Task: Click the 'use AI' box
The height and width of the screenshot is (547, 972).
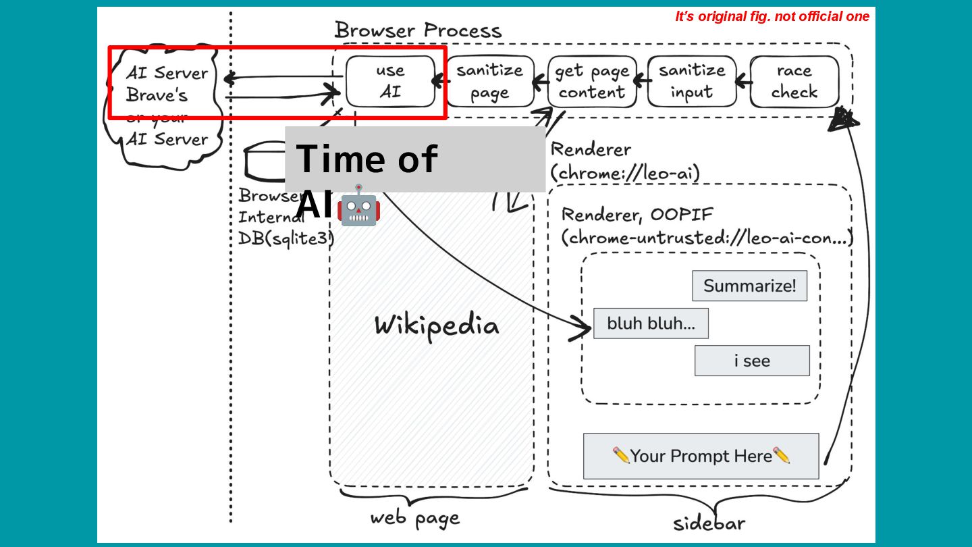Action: (390, 81)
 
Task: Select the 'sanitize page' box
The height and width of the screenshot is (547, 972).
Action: (490, 81)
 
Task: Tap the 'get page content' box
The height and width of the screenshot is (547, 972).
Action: (591, 81)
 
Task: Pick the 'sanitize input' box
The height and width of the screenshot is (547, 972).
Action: (692, 81)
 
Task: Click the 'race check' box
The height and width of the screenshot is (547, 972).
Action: (794, 81)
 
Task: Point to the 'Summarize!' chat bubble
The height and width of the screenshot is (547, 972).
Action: (749, 286)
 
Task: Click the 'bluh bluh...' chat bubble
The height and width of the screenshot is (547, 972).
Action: (651, 323)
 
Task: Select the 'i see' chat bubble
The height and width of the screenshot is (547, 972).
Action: (752, 361)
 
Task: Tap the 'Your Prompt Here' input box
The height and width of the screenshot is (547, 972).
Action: (701, 456)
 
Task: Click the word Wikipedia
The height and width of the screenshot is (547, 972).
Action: (437, 325)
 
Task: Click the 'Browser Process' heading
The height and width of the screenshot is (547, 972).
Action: (418, 30)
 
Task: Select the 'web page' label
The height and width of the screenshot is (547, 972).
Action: (414, 518)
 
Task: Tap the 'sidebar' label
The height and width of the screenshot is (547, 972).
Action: (709, 523)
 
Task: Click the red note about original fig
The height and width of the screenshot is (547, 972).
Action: (772, 17)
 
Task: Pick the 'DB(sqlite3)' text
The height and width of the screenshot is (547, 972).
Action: (286, 238)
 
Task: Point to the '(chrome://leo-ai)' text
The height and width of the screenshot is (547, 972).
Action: (625, 174)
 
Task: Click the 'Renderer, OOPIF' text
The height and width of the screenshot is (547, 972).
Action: (637, 215)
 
